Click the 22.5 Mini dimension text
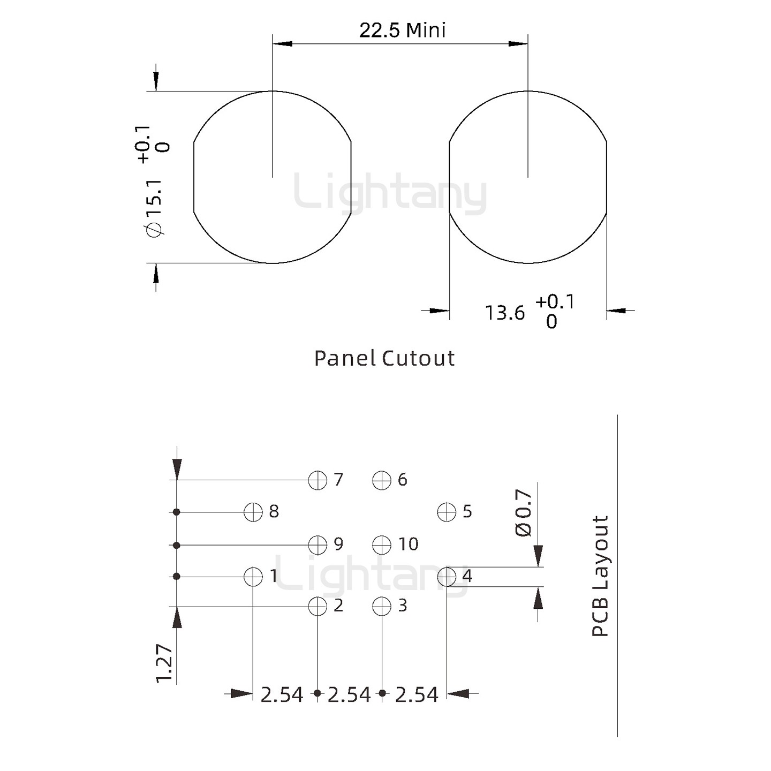tap(402, 31)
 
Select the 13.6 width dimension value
tap(504, 313)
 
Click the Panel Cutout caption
tap(384, 358)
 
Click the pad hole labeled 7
tap(318, 480)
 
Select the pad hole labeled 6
tap(382, 480)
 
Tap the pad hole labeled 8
tap(253, 512)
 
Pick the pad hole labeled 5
tap(447, 512)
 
